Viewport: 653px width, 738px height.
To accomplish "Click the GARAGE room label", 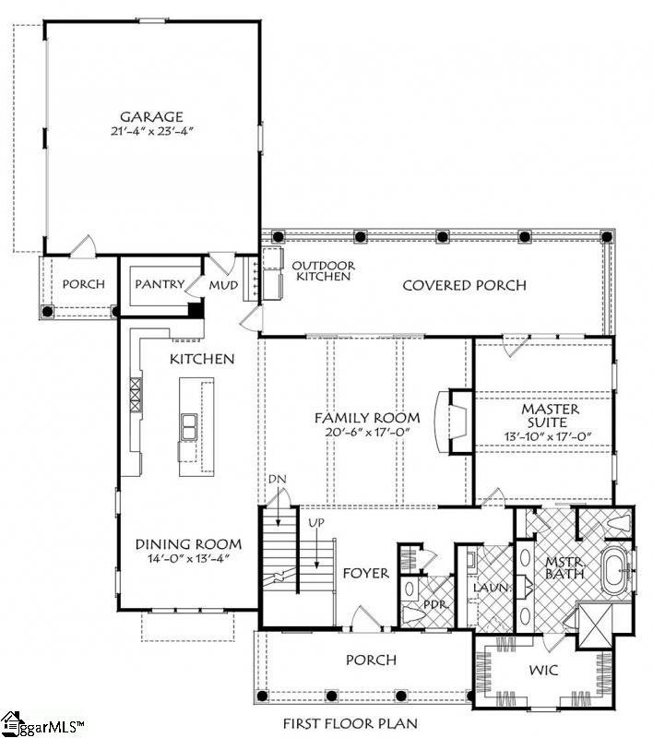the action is point(151,116).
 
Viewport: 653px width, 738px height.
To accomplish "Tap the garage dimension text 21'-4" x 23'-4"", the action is point(152,131).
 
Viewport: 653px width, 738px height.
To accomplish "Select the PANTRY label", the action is point(160,284).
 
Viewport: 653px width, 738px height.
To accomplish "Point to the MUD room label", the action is point(223,285).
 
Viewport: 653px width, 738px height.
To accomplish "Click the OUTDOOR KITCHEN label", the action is point(324,271).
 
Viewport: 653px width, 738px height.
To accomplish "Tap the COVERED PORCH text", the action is point(464,285).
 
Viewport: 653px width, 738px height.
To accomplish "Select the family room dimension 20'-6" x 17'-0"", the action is point(367,432).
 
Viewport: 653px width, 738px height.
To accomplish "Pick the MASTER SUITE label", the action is point(550,415).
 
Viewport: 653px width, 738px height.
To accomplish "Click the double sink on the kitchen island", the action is point(189,426).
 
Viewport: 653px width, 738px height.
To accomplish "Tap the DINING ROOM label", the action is point(189,544).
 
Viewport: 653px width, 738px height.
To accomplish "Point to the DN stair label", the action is point(278,479).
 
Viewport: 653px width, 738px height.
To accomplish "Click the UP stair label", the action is point(316,522).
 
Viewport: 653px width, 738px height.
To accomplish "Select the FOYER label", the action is point(366,573).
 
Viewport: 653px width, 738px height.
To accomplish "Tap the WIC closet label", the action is point(544,670).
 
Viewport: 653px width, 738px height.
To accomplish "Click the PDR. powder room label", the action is point(435,604).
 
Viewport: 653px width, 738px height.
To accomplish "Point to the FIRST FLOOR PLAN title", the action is point(350,723).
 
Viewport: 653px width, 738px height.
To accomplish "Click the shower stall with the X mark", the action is point(595,625).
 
